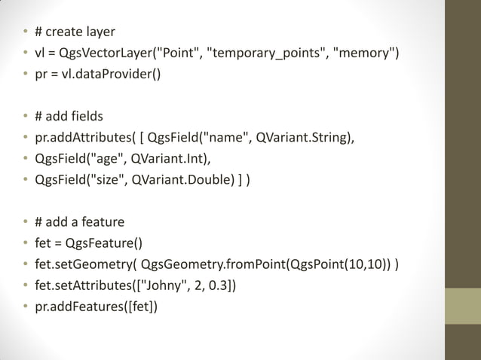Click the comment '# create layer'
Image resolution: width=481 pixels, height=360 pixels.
coord(75,32)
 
